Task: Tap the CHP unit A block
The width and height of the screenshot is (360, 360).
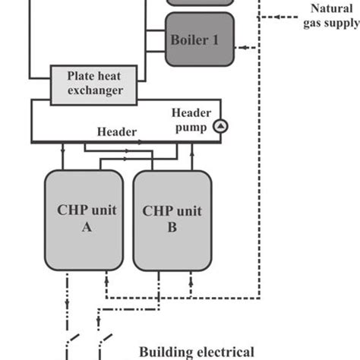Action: pyautogui.click(x=84, y=220)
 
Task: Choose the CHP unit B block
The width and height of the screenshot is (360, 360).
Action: pyautogui.click(x=172, y=220)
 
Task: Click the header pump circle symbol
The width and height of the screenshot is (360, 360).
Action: pyautogui.click(x=220, y=126)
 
